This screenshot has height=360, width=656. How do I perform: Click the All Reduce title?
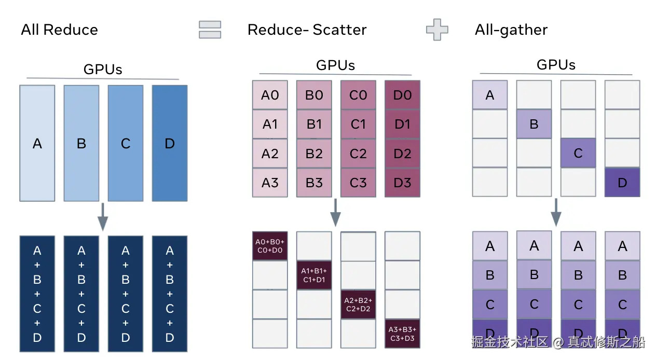(59, 30)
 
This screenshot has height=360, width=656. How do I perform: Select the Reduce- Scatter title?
(307, 30)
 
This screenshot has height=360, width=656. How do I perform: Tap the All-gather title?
(511, 30)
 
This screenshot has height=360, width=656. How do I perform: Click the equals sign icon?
(210, 30)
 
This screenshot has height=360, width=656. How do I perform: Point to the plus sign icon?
(437, 30)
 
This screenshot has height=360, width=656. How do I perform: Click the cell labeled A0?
(270, 95)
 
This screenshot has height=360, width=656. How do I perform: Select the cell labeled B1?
(314, 124)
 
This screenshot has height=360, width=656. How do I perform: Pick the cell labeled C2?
(358, 154)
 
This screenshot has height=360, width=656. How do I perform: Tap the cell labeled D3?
(402, 183)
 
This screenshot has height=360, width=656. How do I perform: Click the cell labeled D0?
(402, 95)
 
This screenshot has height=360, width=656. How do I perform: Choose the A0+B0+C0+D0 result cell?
(270, 245)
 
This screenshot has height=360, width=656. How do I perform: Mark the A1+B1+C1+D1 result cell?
(314, 275)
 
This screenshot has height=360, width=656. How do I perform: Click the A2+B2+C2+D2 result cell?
(358, 304)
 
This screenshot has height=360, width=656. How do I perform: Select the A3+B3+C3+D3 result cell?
(402, 333)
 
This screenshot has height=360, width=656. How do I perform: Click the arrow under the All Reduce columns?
(103, 217)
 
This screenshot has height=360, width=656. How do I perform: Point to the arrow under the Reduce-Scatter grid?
(336, 212)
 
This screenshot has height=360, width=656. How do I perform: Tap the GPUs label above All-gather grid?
(556, 65)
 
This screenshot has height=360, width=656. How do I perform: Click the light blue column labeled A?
(37, 143)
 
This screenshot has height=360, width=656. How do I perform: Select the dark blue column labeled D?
(170, 143)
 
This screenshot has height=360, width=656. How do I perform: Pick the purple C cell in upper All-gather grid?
(578, 153)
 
